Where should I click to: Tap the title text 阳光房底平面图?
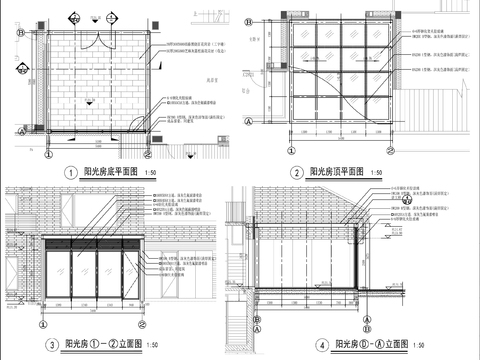tap(112, 173)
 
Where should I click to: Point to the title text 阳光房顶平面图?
tap(339, 173)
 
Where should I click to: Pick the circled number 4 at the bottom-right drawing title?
tap(293, 346)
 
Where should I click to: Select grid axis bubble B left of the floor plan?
tap(21, 32)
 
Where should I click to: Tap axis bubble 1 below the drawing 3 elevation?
tap(43, 321)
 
